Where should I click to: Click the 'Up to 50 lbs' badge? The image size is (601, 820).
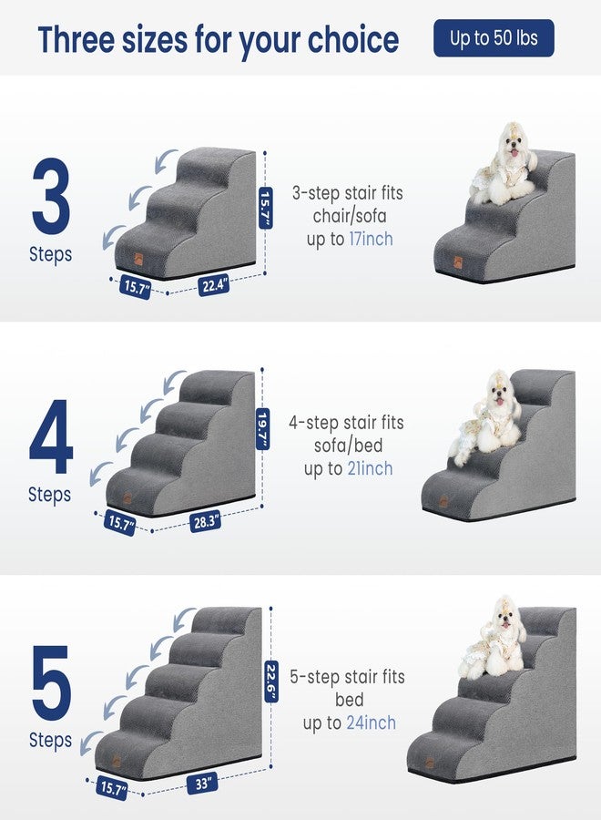tap(493, 39)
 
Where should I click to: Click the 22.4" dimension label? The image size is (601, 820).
tap(214, 285)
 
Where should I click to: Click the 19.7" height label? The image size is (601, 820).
tap(262, 426)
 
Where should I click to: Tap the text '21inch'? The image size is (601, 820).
tap(371, 468)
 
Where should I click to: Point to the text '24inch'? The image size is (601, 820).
tap(371, 723)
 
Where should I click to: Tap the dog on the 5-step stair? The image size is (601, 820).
tap(496, 638)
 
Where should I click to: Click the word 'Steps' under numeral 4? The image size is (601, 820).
tap(50, 495)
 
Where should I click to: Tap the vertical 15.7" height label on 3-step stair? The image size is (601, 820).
tap(266, 210)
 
